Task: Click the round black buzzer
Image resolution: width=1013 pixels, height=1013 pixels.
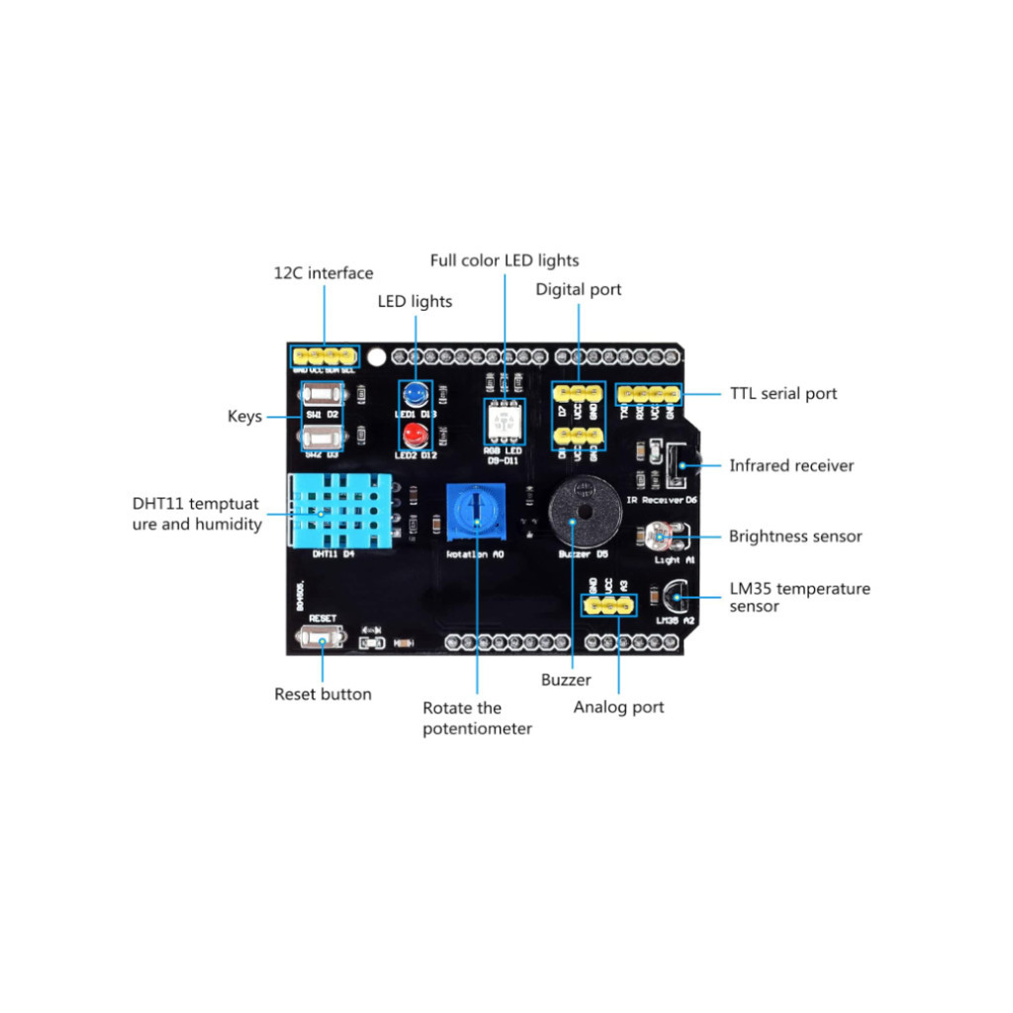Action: pyautogui.click(x=578, y=510)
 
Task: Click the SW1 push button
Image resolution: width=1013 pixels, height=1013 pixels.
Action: pyautogui.click(x=321, y=395)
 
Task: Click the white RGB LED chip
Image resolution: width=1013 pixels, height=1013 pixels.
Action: pyautogui.click(x=503, y=422)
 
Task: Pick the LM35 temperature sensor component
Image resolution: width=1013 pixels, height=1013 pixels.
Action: pyautogui.click(x=675, y=597)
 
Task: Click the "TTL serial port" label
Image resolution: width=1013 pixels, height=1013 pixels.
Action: pyautogui.click(x=783, y=394)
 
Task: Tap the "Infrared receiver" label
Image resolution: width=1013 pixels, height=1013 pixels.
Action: pyautogui.click(x=791, y=465)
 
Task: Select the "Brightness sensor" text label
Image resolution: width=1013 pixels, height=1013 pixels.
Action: pyautogui.click(x=795, y=536)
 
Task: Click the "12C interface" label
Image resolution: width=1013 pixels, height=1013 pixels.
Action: pyautogui.click(x=323, y=273)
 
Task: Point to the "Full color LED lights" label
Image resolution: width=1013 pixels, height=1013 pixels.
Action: pyautogui.click(x=505, y=260)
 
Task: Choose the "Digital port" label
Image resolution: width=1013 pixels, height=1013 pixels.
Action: pyautogui.click(x=579, y=289)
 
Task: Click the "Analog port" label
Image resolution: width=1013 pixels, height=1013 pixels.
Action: pyautogui.click(x=618, y=707)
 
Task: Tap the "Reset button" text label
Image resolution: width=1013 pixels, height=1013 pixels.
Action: pyautogui.click(x=322, y=694)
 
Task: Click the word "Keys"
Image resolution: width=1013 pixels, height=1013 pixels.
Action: pyautogui.click(x=244, y=416)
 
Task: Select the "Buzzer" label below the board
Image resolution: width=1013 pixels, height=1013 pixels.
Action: pyautogui.click(x=566, y=680)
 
